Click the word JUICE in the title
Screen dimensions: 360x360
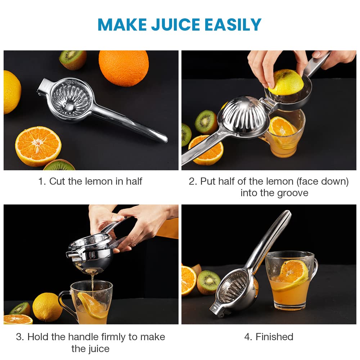pos(176,24)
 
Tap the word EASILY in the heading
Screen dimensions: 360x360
pos(233,24)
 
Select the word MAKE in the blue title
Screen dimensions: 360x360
pos(122,24)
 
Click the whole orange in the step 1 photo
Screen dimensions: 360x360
pos(124,68)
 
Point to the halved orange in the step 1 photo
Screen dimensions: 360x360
pos(38,146)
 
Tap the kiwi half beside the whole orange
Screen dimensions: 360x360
pos(73,60)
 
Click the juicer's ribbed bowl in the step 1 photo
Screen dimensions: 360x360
pos(71,99)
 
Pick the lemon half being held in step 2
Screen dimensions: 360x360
pos(286,82)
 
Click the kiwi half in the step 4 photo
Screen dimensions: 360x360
pos(208,282)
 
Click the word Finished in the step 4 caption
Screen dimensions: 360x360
pos(274,337)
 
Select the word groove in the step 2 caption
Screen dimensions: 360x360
pos(293,193)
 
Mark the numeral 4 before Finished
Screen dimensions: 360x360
pos(247,337)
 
